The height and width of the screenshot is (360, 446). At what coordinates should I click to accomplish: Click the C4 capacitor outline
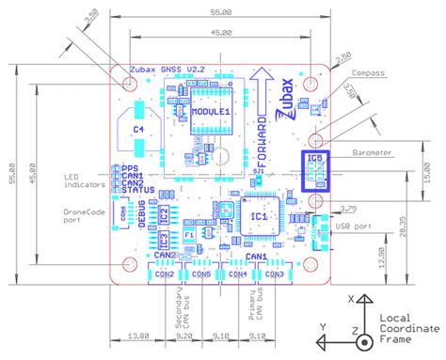pyautogui.click(x=138, y=130)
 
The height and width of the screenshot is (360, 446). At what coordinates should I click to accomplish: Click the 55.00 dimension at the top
pyautogui.click(x=221, y=12)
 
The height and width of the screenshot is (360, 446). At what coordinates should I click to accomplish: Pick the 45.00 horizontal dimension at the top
pyautogui.click(x=221, y=32)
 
